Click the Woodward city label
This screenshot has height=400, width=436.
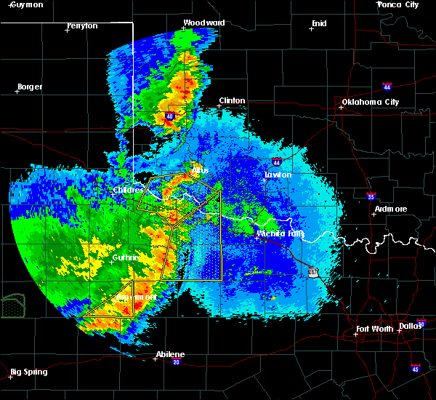[x=199, y=23]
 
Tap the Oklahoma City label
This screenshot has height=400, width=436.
[x=370, y=102]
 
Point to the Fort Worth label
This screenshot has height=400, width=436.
[x=376, y=329]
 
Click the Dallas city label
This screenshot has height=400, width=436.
[x=411, y=326]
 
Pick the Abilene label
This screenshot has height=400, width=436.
[x=170, y=355]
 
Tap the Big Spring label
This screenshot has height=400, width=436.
[x=29, y=372]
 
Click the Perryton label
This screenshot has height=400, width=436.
[x=81, y=25]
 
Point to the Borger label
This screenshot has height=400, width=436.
[x=29, y=87]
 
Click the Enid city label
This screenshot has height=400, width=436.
[x=319, y=23]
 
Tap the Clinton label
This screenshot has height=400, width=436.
[x=232, y=101]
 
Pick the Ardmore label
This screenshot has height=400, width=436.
[x=390, y=209]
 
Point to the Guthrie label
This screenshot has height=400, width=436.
[x=126, y=258]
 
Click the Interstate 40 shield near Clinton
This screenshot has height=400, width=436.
[x=170, y=116]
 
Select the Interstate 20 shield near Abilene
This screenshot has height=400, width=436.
[x=177, y=361]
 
